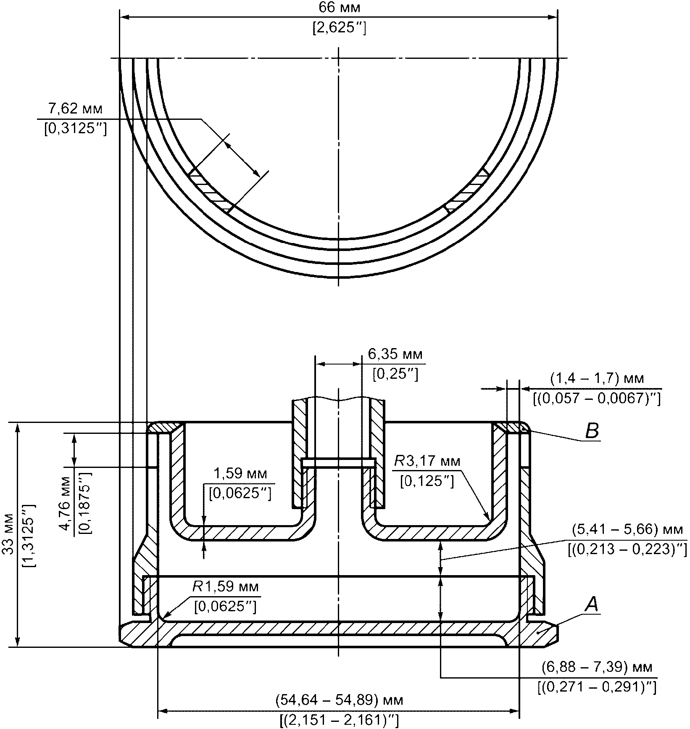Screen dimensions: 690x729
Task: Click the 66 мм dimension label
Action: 339,8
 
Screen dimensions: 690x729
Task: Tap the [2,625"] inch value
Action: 339,28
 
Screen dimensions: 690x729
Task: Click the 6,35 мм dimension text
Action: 395,354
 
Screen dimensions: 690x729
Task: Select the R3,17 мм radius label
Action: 427,462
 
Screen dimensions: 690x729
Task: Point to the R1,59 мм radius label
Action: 226,586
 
